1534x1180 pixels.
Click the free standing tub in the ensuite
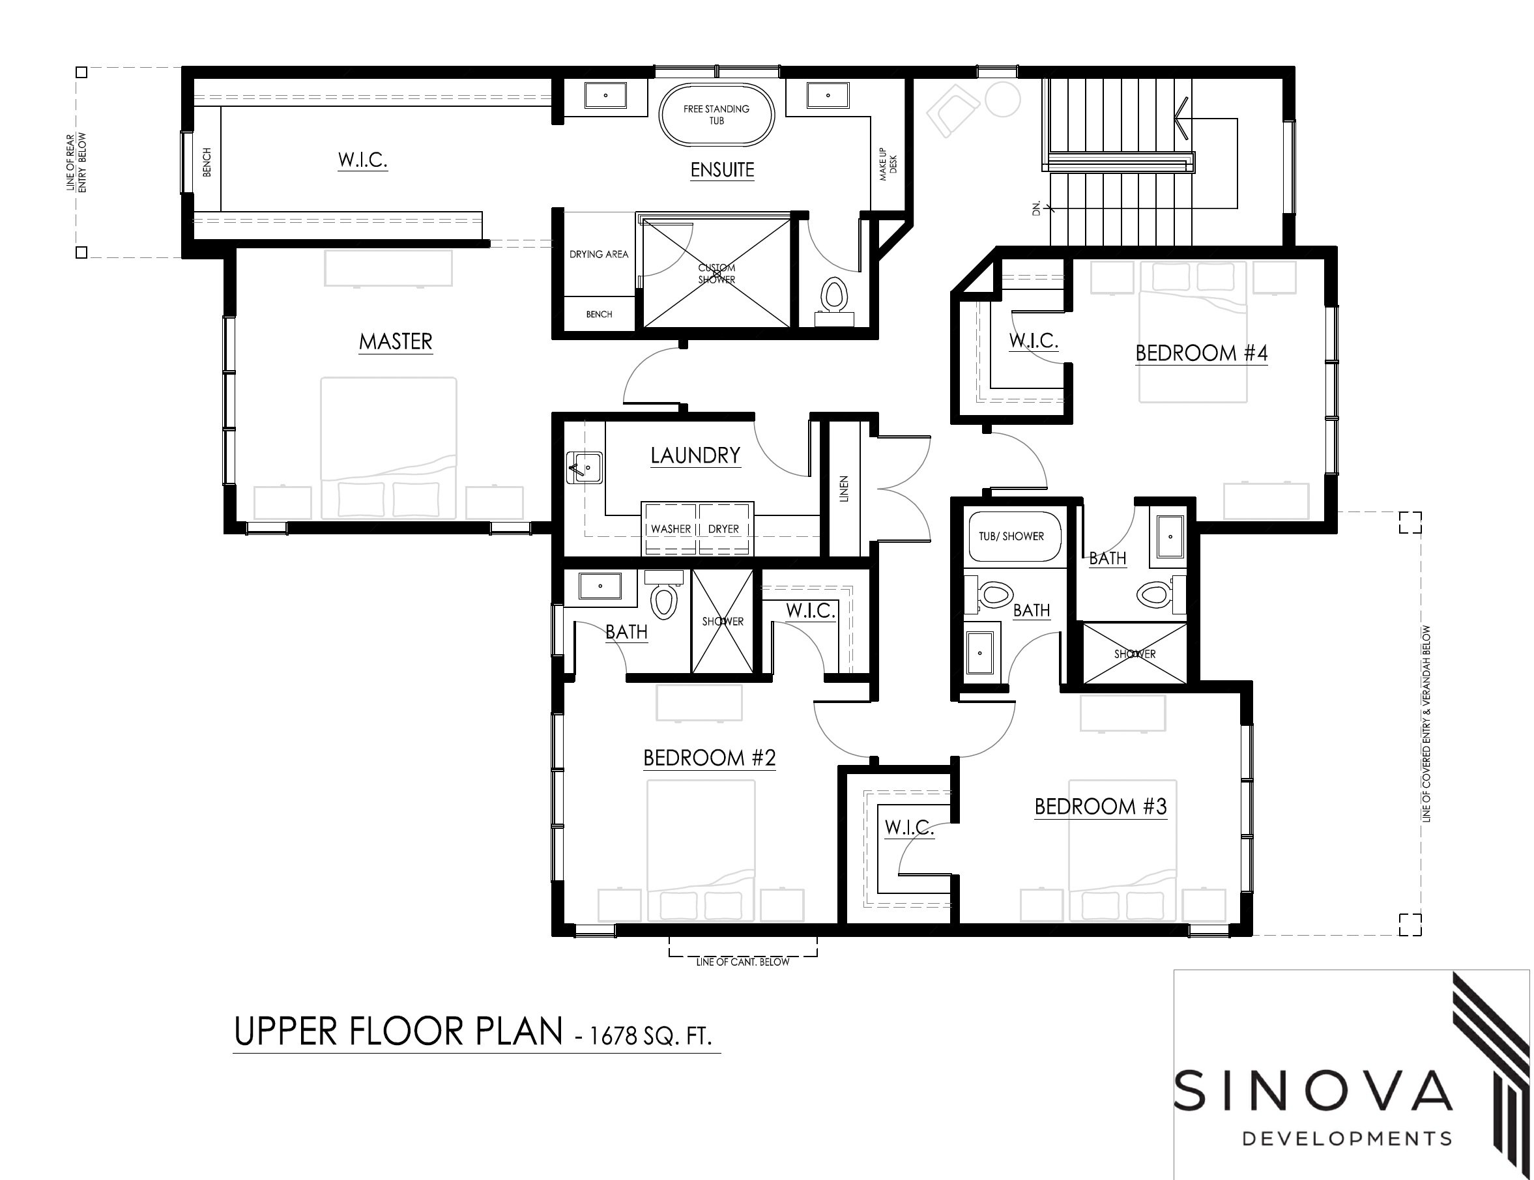point(716,116)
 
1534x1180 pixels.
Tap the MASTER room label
point(396,342)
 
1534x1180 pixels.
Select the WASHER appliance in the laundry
point(670,529)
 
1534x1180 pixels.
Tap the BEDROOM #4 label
point(1201,353)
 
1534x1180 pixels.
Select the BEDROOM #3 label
point(1101,807)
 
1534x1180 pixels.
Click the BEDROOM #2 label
point(710,758)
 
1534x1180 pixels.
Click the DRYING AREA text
point(599,254)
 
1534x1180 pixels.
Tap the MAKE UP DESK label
point(888,164)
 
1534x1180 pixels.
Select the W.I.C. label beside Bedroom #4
point(1034,341)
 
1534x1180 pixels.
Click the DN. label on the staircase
point(1037,208)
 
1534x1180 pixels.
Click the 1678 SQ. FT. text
point(650,1036)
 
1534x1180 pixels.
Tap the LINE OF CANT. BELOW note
point(742,962)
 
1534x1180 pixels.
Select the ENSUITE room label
point(722,170)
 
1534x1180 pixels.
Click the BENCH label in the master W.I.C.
point(207,162)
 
